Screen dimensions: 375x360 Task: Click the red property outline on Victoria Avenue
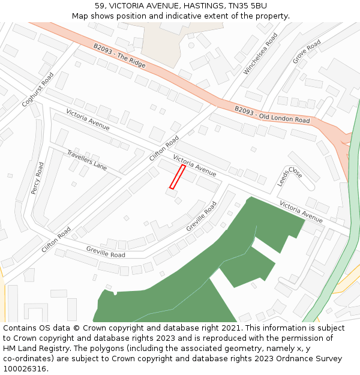[x=177, y=177]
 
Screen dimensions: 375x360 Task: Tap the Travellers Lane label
[x=87, y=160]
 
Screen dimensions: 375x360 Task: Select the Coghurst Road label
[x=38, y=90]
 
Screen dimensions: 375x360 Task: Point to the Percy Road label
[x=38, y=177]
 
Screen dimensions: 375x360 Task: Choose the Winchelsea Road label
[x=261, y=55]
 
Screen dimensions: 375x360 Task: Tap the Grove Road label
[x=307, y=52]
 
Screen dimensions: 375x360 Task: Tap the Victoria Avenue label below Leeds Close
[x=301, y=208]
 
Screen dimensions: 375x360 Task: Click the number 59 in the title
[x=100, y=5]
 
